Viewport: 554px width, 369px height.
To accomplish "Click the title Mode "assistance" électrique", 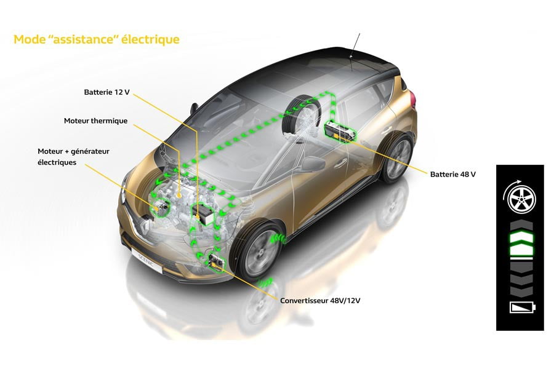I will coord(96,40).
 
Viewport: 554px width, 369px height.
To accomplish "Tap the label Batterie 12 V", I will coord(106,92).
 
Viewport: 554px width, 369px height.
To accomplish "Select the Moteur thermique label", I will coord(95,121).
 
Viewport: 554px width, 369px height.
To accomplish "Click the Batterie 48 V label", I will coord(454,174).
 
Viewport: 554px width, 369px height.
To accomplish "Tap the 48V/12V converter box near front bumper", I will coord(217,262).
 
